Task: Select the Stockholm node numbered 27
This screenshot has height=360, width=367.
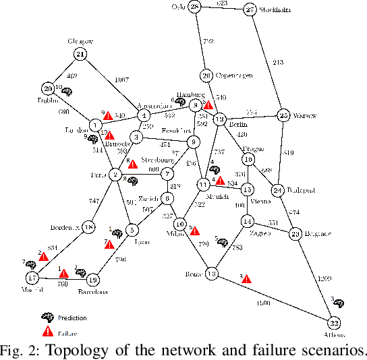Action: (250, 10)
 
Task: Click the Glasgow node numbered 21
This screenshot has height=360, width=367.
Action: (82, 55)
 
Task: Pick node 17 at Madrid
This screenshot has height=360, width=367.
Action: (31, 278)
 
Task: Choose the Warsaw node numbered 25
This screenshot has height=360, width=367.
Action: (283, 115)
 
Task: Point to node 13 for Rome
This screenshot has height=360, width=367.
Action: (211, 274)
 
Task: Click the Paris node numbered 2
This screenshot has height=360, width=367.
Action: (116, 175)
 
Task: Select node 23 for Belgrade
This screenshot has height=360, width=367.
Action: (295, 234)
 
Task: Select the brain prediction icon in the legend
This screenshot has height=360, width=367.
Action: (47, 317)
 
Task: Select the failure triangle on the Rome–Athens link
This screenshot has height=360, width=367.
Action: (246, 278)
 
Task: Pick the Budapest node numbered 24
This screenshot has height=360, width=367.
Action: (277, 191)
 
